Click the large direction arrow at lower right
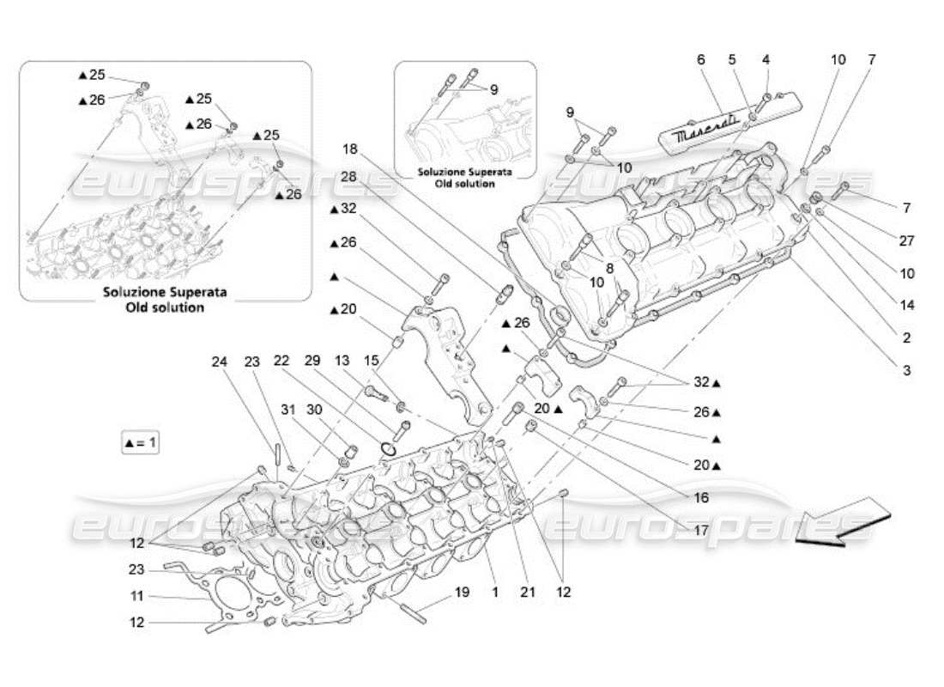843,520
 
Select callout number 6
700,59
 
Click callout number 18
349,149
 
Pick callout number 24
219,362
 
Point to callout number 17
701,530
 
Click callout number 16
701,497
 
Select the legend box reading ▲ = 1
141,443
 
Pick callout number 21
529,592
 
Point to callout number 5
732,59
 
